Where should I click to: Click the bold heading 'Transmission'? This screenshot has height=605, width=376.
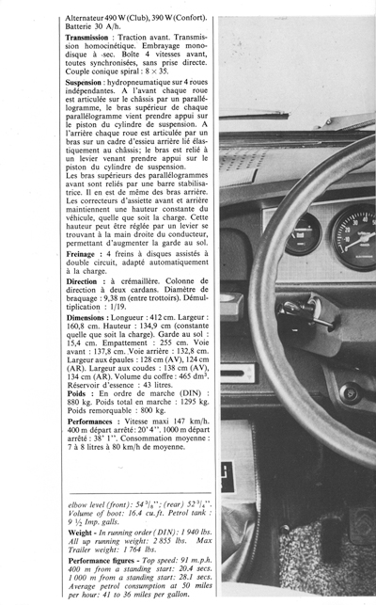tap(92, 37)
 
